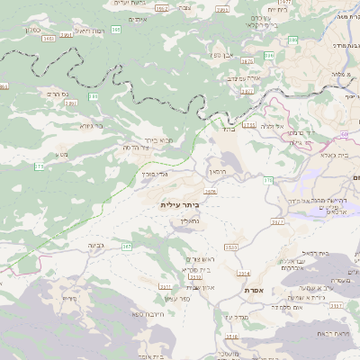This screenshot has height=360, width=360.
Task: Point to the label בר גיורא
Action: tap(92, 126)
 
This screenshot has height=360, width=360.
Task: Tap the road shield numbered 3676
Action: tap(211, 192)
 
